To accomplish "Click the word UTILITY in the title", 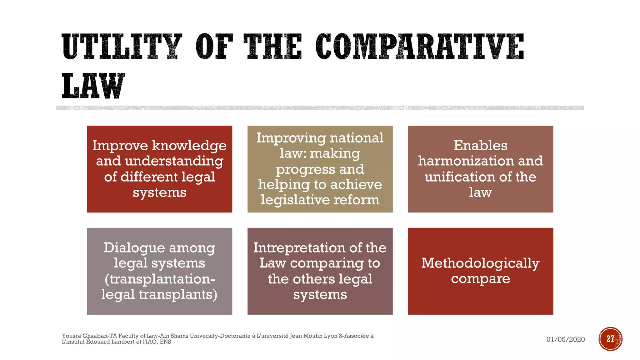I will pos(122,47).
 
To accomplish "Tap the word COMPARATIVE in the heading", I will pos(420,47).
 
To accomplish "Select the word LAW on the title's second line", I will pos(93,86).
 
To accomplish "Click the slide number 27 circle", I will pos(610,339).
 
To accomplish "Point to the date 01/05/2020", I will pos(565,339).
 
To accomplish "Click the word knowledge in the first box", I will pos(189,146).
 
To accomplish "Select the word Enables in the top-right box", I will pos(480,146).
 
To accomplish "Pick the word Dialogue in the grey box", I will pos(134,248).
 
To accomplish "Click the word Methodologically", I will pos(480,263).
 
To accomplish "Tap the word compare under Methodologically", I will pos(480,278).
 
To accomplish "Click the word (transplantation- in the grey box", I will pos(160,279).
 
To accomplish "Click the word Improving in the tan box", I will pos(291,138).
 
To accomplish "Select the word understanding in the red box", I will pos(174,161).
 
